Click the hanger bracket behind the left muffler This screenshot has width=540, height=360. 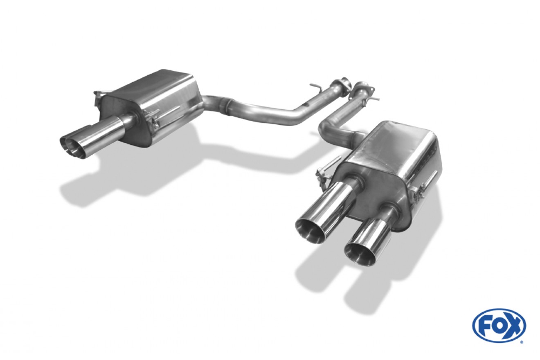point(99,97)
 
